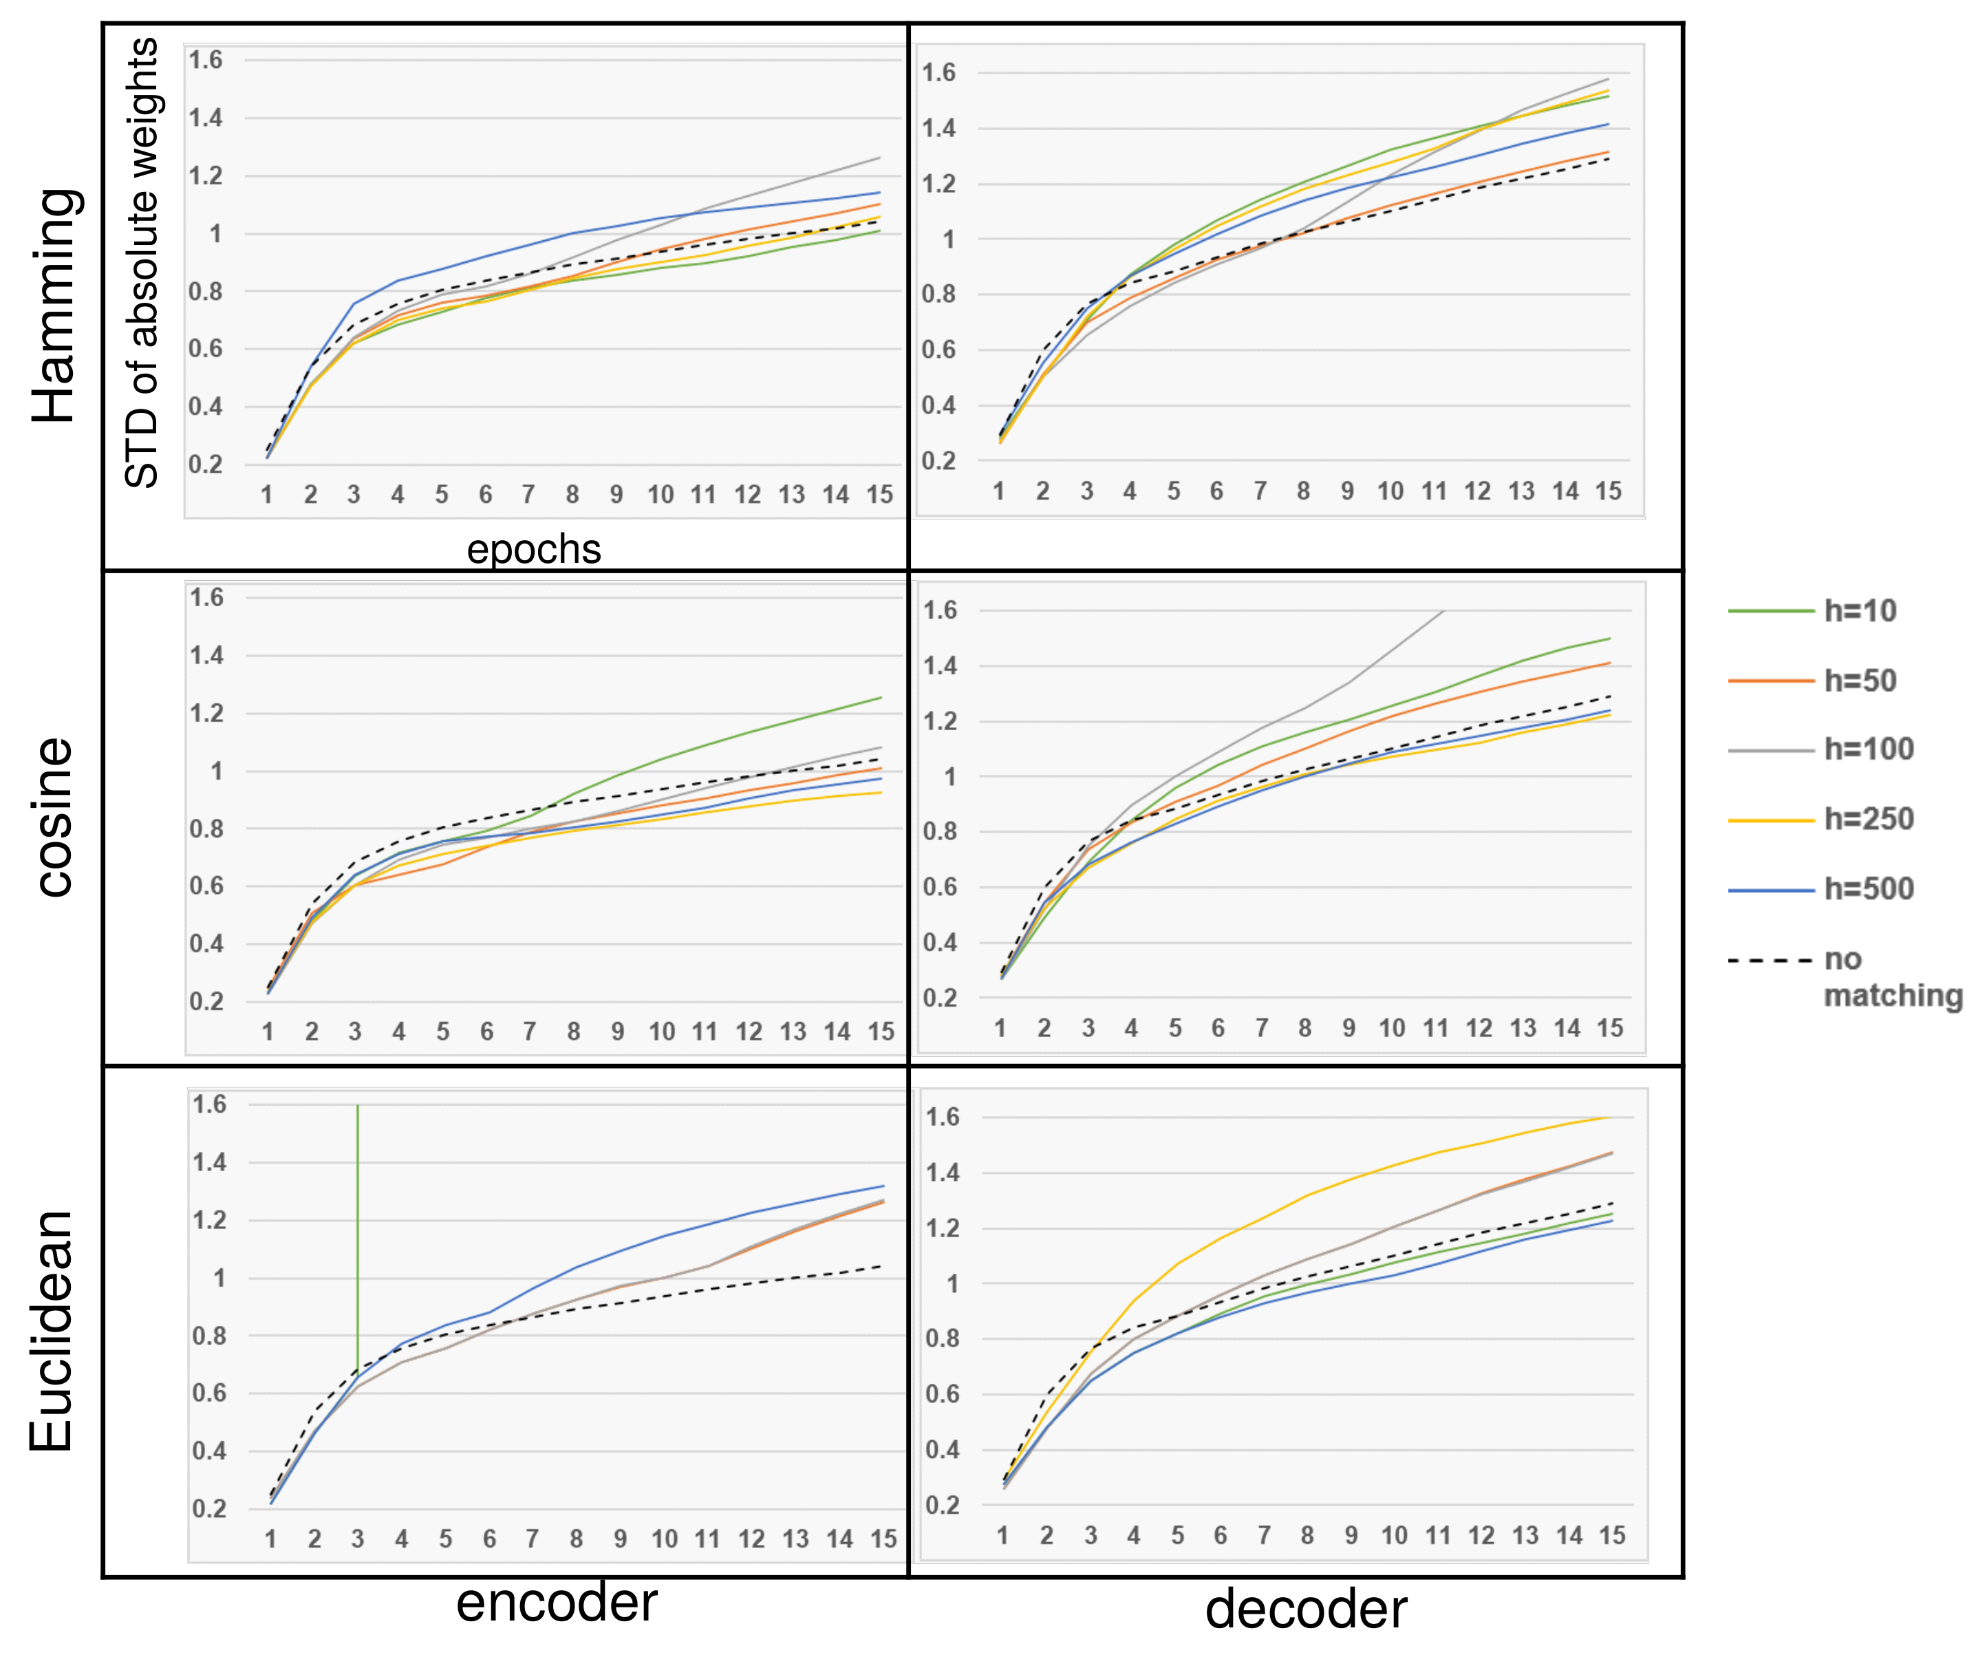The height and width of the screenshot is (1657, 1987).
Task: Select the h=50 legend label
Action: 1859,681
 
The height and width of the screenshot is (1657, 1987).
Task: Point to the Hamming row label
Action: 54,305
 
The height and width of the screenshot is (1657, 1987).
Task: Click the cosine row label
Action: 54,817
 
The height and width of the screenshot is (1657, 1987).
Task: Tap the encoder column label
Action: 557,1603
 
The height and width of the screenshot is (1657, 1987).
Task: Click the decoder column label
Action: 1306,1610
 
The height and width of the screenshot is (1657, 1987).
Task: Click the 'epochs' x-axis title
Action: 534,549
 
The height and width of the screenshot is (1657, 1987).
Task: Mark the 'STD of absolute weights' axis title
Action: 142,263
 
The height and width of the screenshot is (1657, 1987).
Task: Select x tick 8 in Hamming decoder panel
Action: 1303,491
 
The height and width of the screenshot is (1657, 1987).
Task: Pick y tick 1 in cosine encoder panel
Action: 217,771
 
